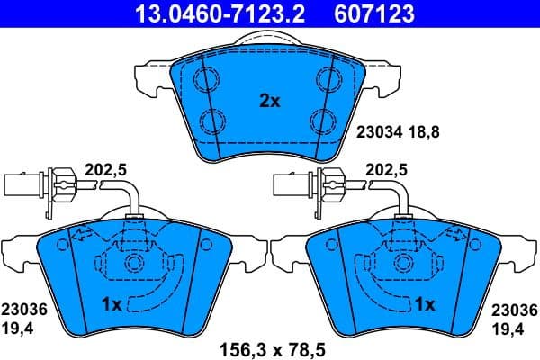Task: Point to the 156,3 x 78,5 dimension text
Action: coord(270,344)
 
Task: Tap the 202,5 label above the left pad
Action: coord(103,168)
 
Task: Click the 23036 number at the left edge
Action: coord(23,310)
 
